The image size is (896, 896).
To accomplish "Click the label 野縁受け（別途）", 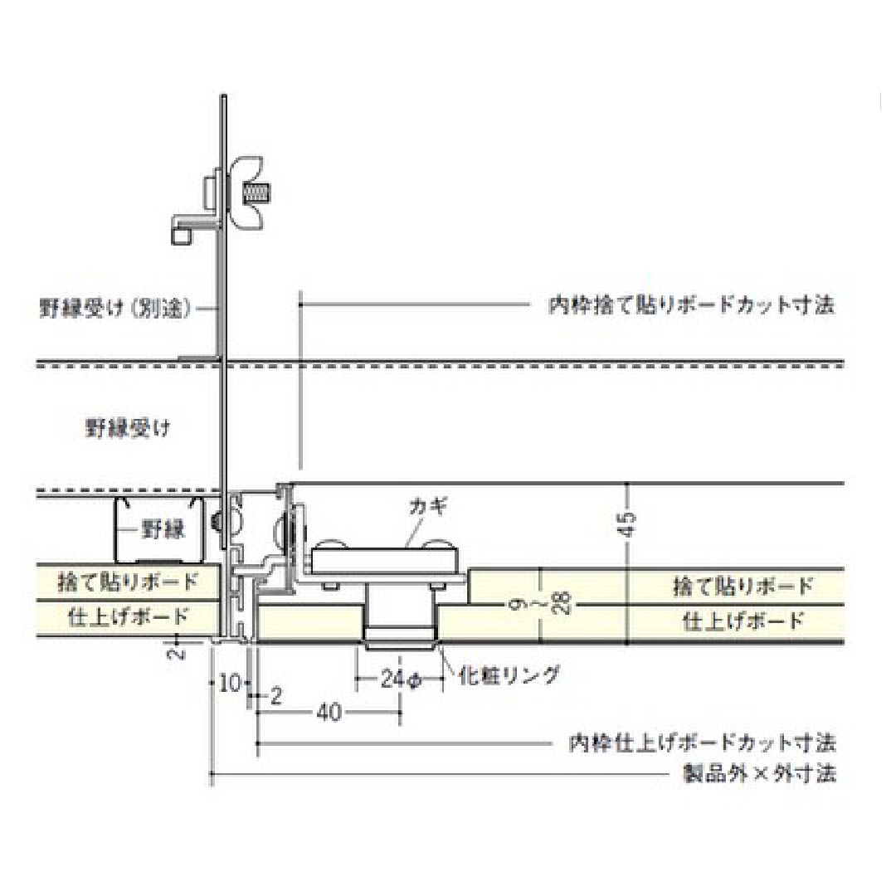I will click(116, 308).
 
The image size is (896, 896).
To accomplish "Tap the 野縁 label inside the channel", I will click(163, 529).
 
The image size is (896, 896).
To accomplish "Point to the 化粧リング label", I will click(509, 675).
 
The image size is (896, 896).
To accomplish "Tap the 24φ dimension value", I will click(402, 679).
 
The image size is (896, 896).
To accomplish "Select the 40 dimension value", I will click(329, 712).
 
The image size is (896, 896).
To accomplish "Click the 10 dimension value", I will click(230, 684).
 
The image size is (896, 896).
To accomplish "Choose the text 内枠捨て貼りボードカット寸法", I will click(691, 305).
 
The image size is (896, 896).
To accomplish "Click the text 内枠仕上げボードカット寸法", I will click(702, 741).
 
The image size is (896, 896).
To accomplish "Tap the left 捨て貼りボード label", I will click(128, 582).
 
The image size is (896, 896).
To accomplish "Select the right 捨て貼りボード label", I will click(743, 587).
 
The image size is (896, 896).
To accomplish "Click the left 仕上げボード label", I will click(128, 616).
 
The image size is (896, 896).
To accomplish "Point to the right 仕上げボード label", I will click(743, 620).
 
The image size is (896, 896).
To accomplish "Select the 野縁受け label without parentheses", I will click(128, 428).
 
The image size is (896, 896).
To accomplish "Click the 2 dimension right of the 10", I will click(276, 697).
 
